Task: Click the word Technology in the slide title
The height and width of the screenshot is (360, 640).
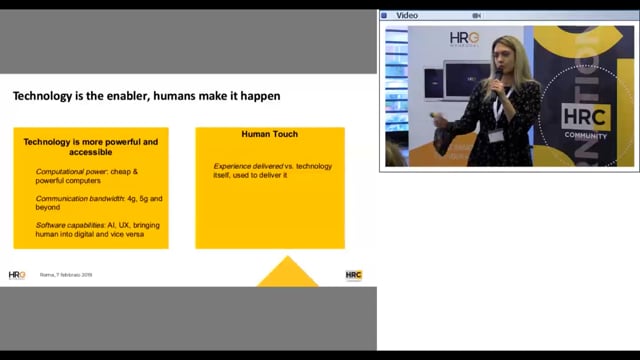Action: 44,97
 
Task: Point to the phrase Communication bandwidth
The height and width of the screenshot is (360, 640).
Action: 77,199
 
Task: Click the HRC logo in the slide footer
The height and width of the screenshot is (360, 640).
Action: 353,274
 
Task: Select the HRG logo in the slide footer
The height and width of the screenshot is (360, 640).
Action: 17,274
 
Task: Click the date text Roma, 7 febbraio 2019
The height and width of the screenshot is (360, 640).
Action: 65,275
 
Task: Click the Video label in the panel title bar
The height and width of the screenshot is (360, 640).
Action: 407,15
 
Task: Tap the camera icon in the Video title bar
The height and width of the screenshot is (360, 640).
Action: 478,15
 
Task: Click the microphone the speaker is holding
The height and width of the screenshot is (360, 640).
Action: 497,74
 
